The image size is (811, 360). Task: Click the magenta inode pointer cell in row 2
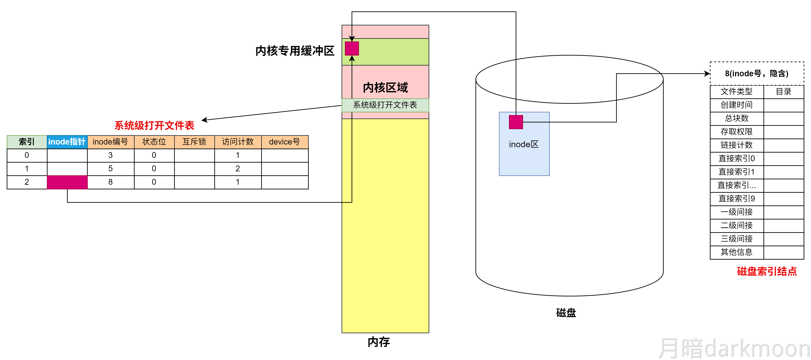(67, 182)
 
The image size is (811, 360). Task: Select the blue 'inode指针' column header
(67, 142)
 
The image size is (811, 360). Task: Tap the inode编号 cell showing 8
(110, 182)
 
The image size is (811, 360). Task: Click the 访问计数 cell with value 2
(238, 169)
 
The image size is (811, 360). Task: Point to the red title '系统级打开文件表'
(154, 126)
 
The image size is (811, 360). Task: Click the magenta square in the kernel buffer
(352, 49)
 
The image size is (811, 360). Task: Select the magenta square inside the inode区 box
(516, 122)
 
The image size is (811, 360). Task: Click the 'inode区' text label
(524, 144)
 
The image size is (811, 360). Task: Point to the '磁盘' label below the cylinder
(566, 313)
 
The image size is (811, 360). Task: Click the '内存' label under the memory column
(379, 342)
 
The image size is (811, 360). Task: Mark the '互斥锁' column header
(194, 142)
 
